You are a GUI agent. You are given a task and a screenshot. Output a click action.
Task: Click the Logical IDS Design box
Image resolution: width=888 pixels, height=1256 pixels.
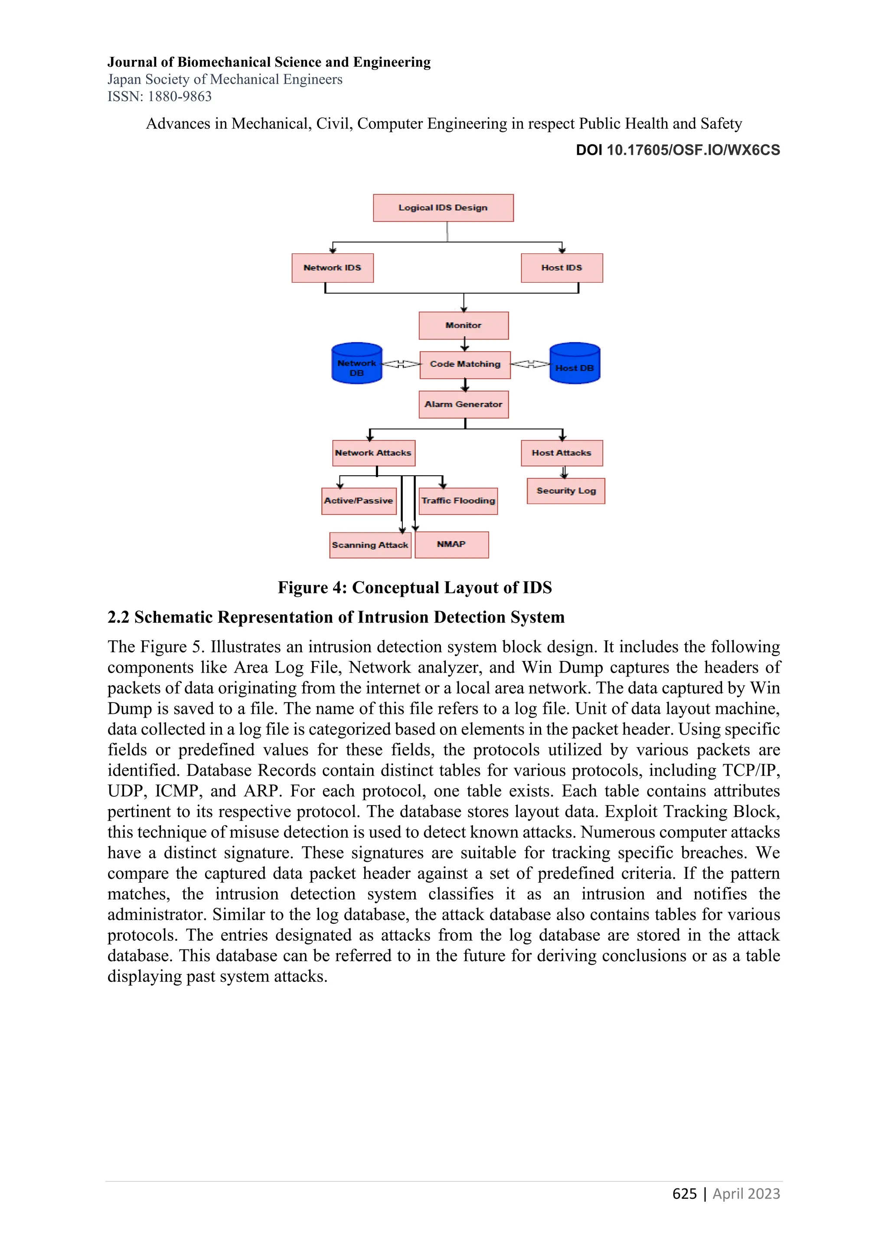coord(443,208)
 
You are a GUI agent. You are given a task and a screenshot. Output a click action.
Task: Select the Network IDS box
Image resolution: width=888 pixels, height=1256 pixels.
coord(333,268)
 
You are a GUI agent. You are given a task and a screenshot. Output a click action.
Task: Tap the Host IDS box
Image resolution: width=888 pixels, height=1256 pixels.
coord(562,268)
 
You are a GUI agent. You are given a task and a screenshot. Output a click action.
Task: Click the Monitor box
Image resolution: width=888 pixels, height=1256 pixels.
coord(464,325)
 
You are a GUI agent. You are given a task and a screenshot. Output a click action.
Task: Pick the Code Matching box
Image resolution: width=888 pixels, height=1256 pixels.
coord(465,365)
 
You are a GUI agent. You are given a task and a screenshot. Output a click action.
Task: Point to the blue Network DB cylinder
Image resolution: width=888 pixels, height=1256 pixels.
coord(356,364)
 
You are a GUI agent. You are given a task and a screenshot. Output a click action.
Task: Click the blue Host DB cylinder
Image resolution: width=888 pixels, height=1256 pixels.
coord(575,364)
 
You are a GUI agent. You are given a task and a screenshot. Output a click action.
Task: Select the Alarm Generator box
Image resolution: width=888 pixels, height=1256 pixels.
coord(464,405)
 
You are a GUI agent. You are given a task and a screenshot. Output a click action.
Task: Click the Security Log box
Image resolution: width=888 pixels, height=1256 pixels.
coord(566,491)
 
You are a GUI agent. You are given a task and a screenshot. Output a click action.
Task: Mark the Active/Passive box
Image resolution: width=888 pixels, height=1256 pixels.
coord(359,501)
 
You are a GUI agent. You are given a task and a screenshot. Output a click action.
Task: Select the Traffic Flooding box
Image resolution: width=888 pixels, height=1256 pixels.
coord(458,501)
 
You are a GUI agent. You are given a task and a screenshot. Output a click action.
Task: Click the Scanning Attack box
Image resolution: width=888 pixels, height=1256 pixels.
coord(370,546)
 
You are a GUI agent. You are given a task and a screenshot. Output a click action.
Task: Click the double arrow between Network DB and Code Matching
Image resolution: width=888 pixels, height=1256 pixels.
coord(401,364)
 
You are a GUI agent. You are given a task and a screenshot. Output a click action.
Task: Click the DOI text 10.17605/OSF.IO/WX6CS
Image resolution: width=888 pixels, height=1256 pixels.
coord(693,150)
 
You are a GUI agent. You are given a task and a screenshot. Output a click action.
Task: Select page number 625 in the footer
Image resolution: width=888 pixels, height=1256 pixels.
coord(684,1194)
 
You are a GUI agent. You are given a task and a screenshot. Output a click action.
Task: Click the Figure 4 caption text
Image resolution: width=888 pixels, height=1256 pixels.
coord(415,588)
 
